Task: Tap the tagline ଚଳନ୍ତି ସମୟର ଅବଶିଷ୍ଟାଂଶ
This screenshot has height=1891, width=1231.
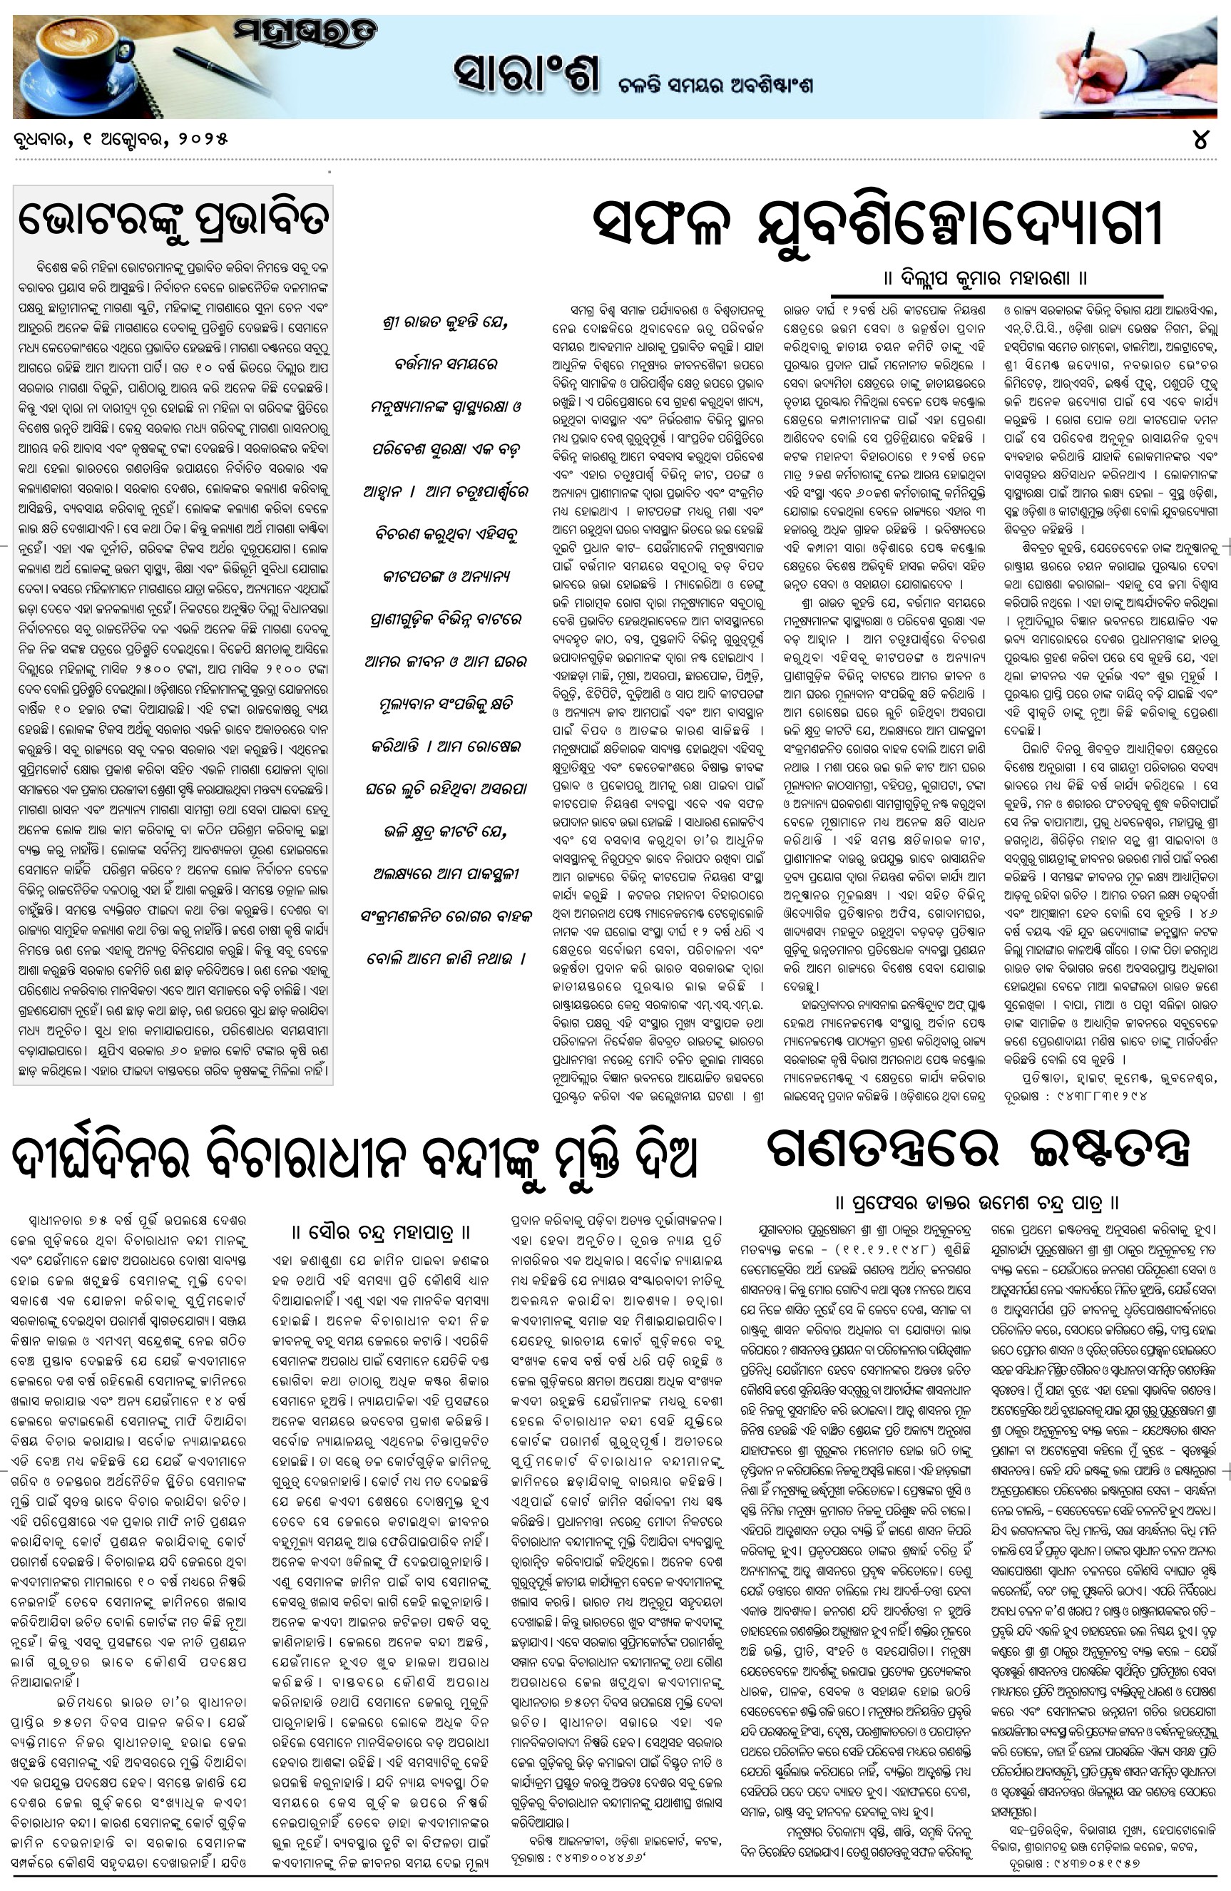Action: click(715, 84)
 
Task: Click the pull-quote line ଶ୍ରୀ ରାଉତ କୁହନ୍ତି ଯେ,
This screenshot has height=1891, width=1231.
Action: click(444, 324)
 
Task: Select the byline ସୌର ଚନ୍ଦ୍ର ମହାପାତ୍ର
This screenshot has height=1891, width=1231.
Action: click(381, 1231)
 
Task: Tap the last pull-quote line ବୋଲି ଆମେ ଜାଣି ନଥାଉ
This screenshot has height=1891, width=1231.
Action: click(446, 958)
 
